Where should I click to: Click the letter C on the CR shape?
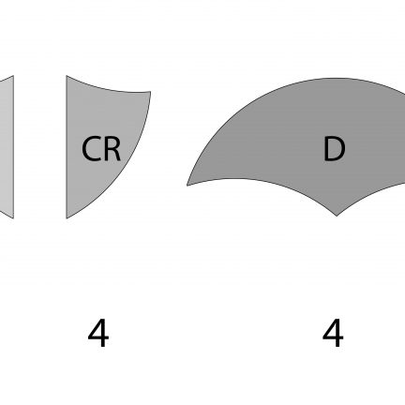click(x=90, y=149)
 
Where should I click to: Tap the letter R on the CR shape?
click(x=112, y=149)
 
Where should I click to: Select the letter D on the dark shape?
click(x=334, y=149)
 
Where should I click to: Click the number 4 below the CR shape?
click(x=98, y=333)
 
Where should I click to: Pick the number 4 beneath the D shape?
click(x=333, y=333)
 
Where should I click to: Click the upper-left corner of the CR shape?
click(x=67, y=76)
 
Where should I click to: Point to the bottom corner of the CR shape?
click(x=67, y=218)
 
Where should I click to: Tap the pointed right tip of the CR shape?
click(x=151, y=92)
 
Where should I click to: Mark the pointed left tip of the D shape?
click(x=187, y=186)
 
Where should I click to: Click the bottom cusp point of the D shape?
click(x=337, y=216)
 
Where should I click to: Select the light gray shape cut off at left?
click(x=7, y=147)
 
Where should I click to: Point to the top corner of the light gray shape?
click(x=13, y=76)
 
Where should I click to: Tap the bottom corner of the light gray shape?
click(x=13, y=218)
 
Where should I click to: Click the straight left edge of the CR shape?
click(x=67, y=147)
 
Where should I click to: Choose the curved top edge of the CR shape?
click(x=107, y=88)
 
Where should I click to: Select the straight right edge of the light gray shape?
click(x=13, y=147)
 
